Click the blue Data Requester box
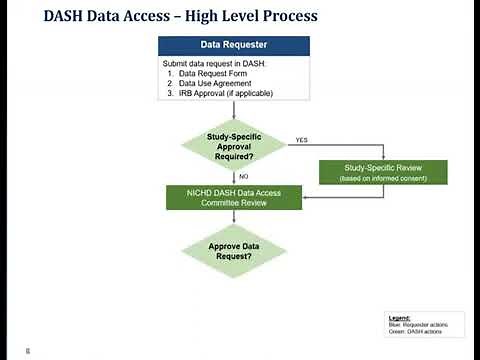coord(233,46)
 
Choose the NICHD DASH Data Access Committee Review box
coord(233,197)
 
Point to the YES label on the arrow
coord(301,141)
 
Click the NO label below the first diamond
coord(243,176)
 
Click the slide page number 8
coord(28,350)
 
